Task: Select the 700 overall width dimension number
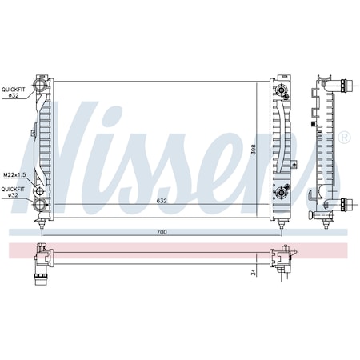coord(162,231)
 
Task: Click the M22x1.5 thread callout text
coord(14,175)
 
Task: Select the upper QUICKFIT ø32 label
coord(13,93)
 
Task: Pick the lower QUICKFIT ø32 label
coord(13,192)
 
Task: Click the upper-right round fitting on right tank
coord(282,91)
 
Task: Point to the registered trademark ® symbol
coord(344,138)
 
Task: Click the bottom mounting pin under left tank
coord(42,226)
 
